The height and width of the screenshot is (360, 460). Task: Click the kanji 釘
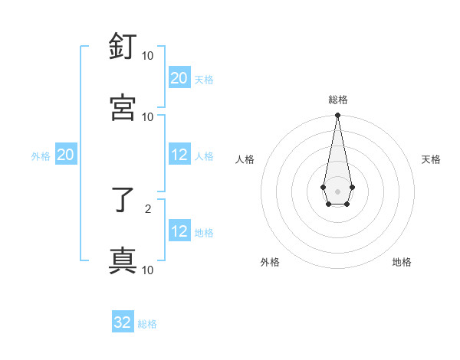(x=123, y=47)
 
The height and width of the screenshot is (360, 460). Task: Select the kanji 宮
(x=123, y=107)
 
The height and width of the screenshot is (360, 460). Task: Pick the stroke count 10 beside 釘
(x=148, y=56)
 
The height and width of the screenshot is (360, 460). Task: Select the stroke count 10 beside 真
(x=148, y=270)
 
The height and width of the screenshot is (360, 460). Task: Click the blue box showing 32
(x=123, y=322)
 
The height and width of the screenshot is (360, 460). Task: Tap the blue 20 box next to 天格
(x=179, y=78)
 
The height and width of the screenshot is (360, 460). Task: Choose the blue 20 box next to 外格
(x=65, y=155)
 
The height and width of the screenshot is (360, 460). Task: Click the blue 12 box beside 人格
(x=179, y=155)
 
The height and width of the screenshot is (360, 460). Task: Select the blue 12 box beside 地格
(x=179, y=231)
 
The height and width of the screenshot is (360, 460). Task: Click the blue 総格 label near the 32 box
(x=147, y=324)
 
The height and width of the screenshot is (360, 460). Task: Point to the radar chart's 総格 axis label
(x=337, y=100)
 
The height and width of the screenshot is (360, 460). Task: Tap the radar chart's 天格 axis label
(x=431, y=159)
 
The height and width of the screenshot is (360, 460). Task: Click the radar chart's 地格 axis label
(x=402, y=262)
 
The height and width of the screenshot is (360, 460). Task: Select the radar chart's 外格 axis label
(x=270, y=262)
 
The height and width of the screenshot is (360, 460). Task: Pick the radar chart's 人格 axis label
(x=245, y=159)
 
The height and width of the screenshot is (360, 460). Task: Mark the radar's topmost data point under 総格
(x=337, y=116)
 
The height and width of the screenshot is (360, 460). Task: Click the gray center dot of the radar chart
(x=337, y=190)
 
